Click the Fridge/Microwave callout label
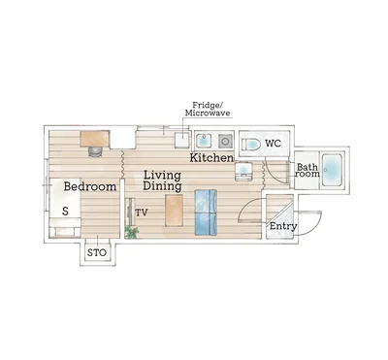coord(208,109)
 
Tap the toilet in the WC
coord(251,144)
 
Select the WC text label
coord(274,143)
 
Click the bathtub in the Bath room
coord(332,170)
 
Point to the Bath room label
coord(307,171)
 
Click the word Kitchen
coord(211,158)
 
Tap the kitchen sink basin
coord(204,141)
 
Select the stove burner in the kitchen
coord(225,141)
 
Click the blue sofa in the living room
coord(206,213)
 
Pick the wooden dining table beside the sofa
coord(174,211)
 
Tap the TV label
coord(142,213)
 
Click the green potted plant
coord(131,232)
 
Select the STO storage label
coord(97,252)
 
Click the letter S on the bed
coord(65,212)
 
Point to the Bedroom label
coord(90,186)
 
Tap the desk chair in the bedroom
coord(95,151)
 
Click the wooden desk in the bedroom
coord(95,139)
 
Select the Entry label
coord(283,226)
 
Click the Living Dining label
coord(162,180)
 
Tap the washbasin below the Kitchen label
coord(244,171)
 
